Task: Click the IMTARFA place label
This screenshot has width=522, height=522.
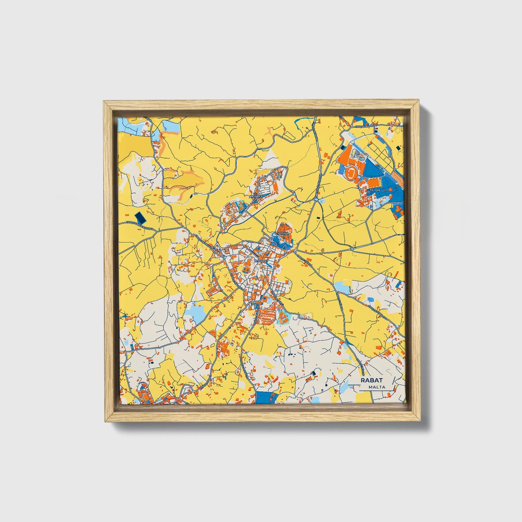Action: pyautogui.click(x=256, y=196)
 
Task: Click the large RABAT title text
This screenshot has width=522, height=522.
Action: pyautogui.click(x=371, y=380)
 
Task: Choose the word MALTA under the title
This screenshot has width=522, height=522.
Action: pyautogui.click(x=377, y=387)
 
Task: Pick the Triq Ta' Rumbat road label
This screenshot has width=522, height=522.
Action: pyautogui.click(x=366, y=128)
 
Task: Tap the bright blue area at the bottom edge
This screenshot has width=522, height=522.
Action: pyautogui.click(x=266, y=398)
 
